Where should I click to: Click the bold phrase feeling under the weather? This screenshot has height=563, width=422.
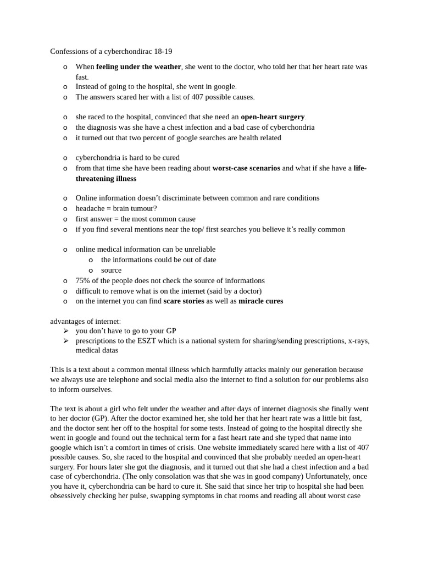pyautogui.click(x=138, y=67)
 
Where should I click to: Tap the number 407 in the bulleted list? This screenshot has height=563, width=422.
pyautogui.click(x=198, y=97)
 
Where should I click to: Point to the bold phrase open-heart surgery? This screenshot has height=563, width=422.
pyautogui.click(x=273, y=117)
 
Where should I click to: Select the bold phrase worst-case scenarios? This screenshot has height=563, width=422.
pyautogui.click(x=246, y=168)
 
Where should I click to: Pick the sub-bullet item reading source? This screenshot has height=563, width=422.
pyautogui.click(x=111, y=270)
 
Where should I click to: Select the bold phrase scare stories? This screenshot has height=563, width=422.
pyautogui.click(x=184, y=301)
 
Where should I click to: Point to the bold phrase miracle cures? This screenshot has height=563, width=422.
pyautogui.click(x=261, y=301)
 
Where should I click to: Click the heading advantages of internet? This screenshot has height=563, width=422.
pyautogui.click(x=85, y=321)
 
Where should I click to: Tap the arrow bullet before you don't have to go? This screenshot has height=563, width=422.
pyautogui.click(x=65, y=331)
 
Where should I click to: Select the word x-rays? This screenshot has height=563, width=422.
pyautogui.click(x=358, y=341)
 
